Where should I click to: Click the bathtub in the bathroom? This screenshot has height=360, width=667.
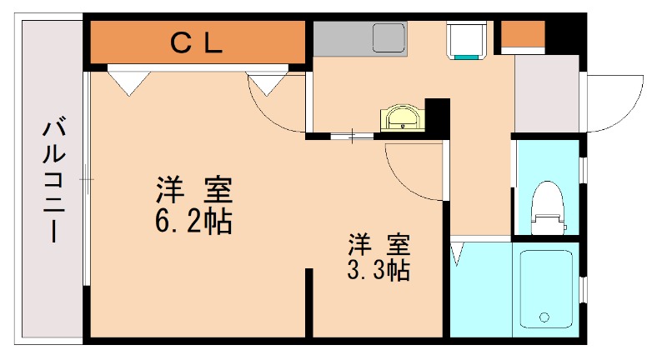[545, 288]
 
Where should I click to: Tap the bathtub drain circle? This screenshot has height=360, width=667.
[544, 317]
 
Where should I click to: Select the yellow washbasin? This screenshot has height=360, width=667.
[403, 118]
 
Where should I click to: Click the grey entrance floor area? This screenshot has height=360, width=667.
[546, 92]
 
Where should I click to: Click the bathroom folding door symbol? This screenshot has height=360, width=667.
[458, 254]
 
